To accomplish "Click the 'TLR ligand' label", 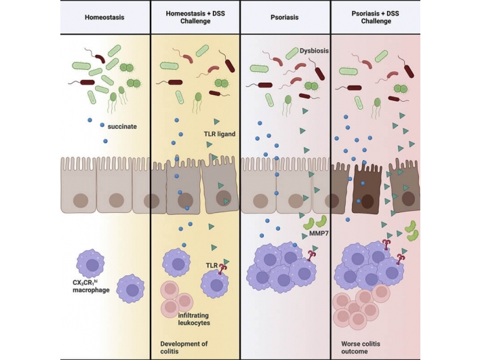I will point(218,134).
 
